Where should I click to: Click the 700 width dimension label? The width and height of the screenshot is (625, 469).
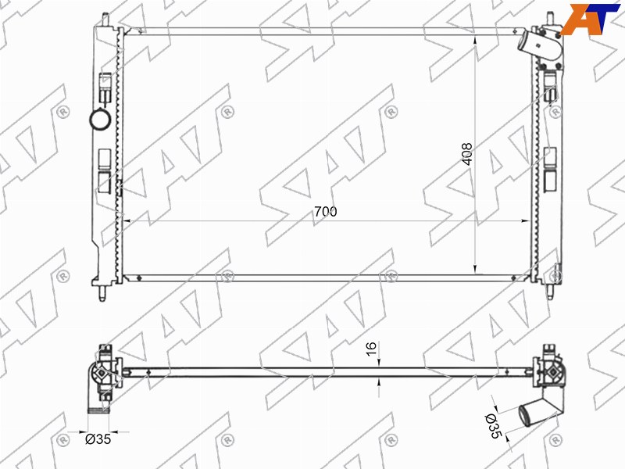tap(325, 211)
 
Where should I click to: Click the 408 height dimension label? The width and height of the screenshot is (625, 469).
tap(466, 153)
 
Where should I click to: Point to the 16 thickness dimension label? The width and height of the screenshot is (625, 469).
tap(370, 349)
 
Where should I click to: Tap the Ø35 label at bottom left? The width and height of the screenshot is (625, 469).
tap(98, 439)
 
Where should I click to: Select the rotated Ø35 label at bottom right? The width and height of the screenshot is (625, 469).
tap(493, 426)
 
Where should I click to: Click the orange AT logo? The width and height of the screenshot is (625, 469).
tap(590, 18)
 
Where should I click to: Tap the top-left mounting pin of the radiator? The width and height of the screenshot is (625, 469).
tap(105, 20)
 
